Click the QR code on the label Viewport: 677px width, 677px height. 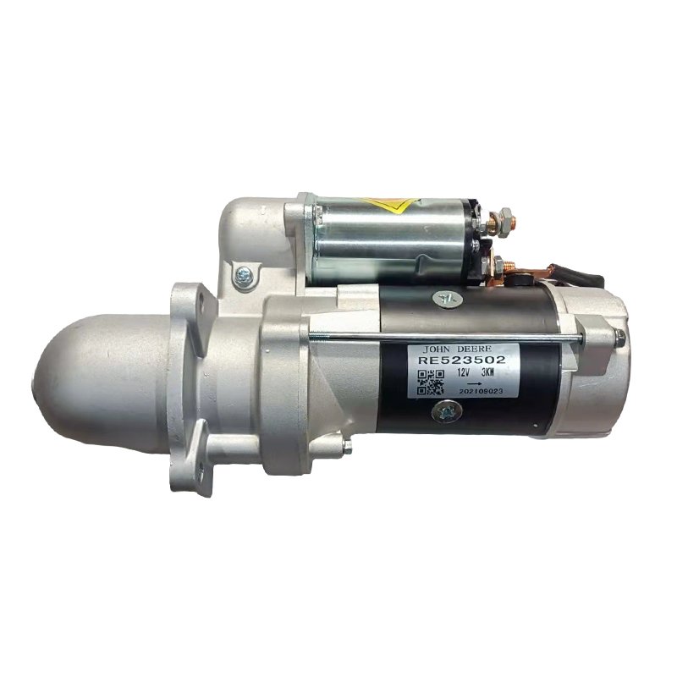coord(431,383)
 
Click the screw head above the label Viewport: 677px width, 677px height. coord(446,298)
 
